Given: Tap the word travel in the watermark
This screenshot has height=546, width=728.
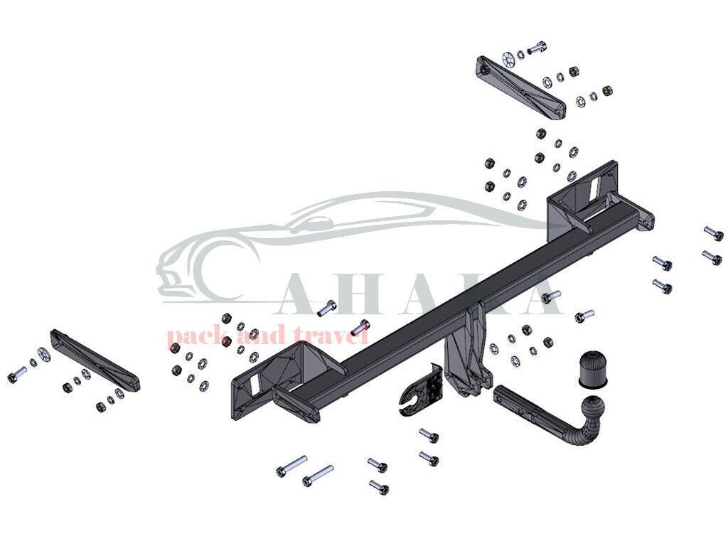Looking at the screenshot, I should click(x=336, y=333).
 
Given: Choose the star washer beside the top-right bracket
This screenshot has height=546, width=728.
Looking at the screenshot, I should click(x=508, y=59).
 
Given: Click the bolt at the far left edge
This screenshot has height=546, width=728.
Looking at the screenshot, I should click(x=16, y=375).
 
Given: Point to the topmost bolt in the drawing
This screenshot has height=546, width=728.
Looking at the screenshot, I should click(x=537, y=47).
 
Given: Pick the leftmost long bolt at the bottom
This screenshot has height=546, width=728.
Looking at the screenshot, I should click(x=291, y=466).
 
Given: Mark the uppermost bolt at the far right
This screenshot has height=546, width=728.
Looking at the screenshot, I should click(x=712, y=232).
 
